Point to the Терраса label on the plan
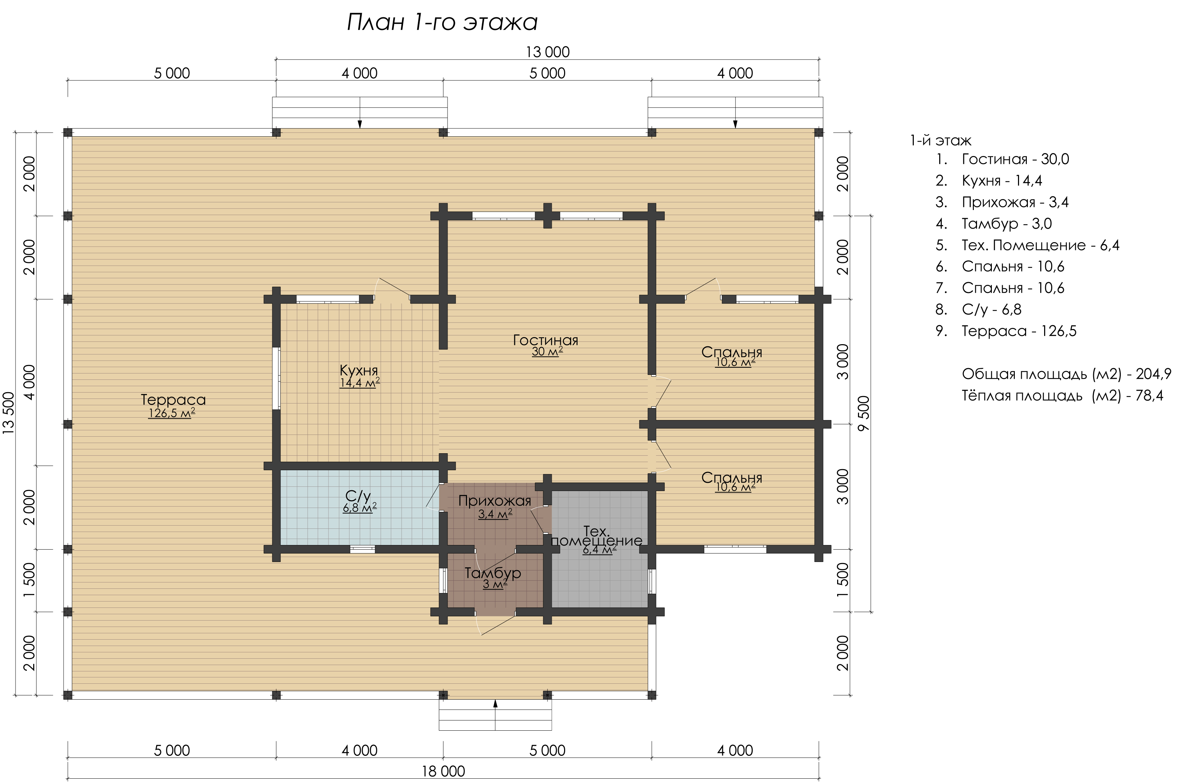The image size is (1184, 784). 173,400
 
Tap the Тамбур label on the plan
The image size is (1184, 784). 493,573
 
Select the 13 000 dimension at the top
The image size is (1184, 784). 548,52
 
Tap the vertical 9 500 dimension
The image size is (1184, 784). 864,413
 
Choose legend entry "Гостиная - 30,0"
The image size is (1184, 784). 1016,159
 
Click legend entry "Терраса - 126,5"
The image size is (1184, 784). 1019,331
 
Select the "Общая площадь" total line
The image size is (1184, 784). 1066,374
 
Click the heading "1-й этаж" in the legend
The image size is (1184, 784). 940,141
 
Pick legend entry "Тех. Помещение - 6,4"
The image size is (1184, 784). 1041,245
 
